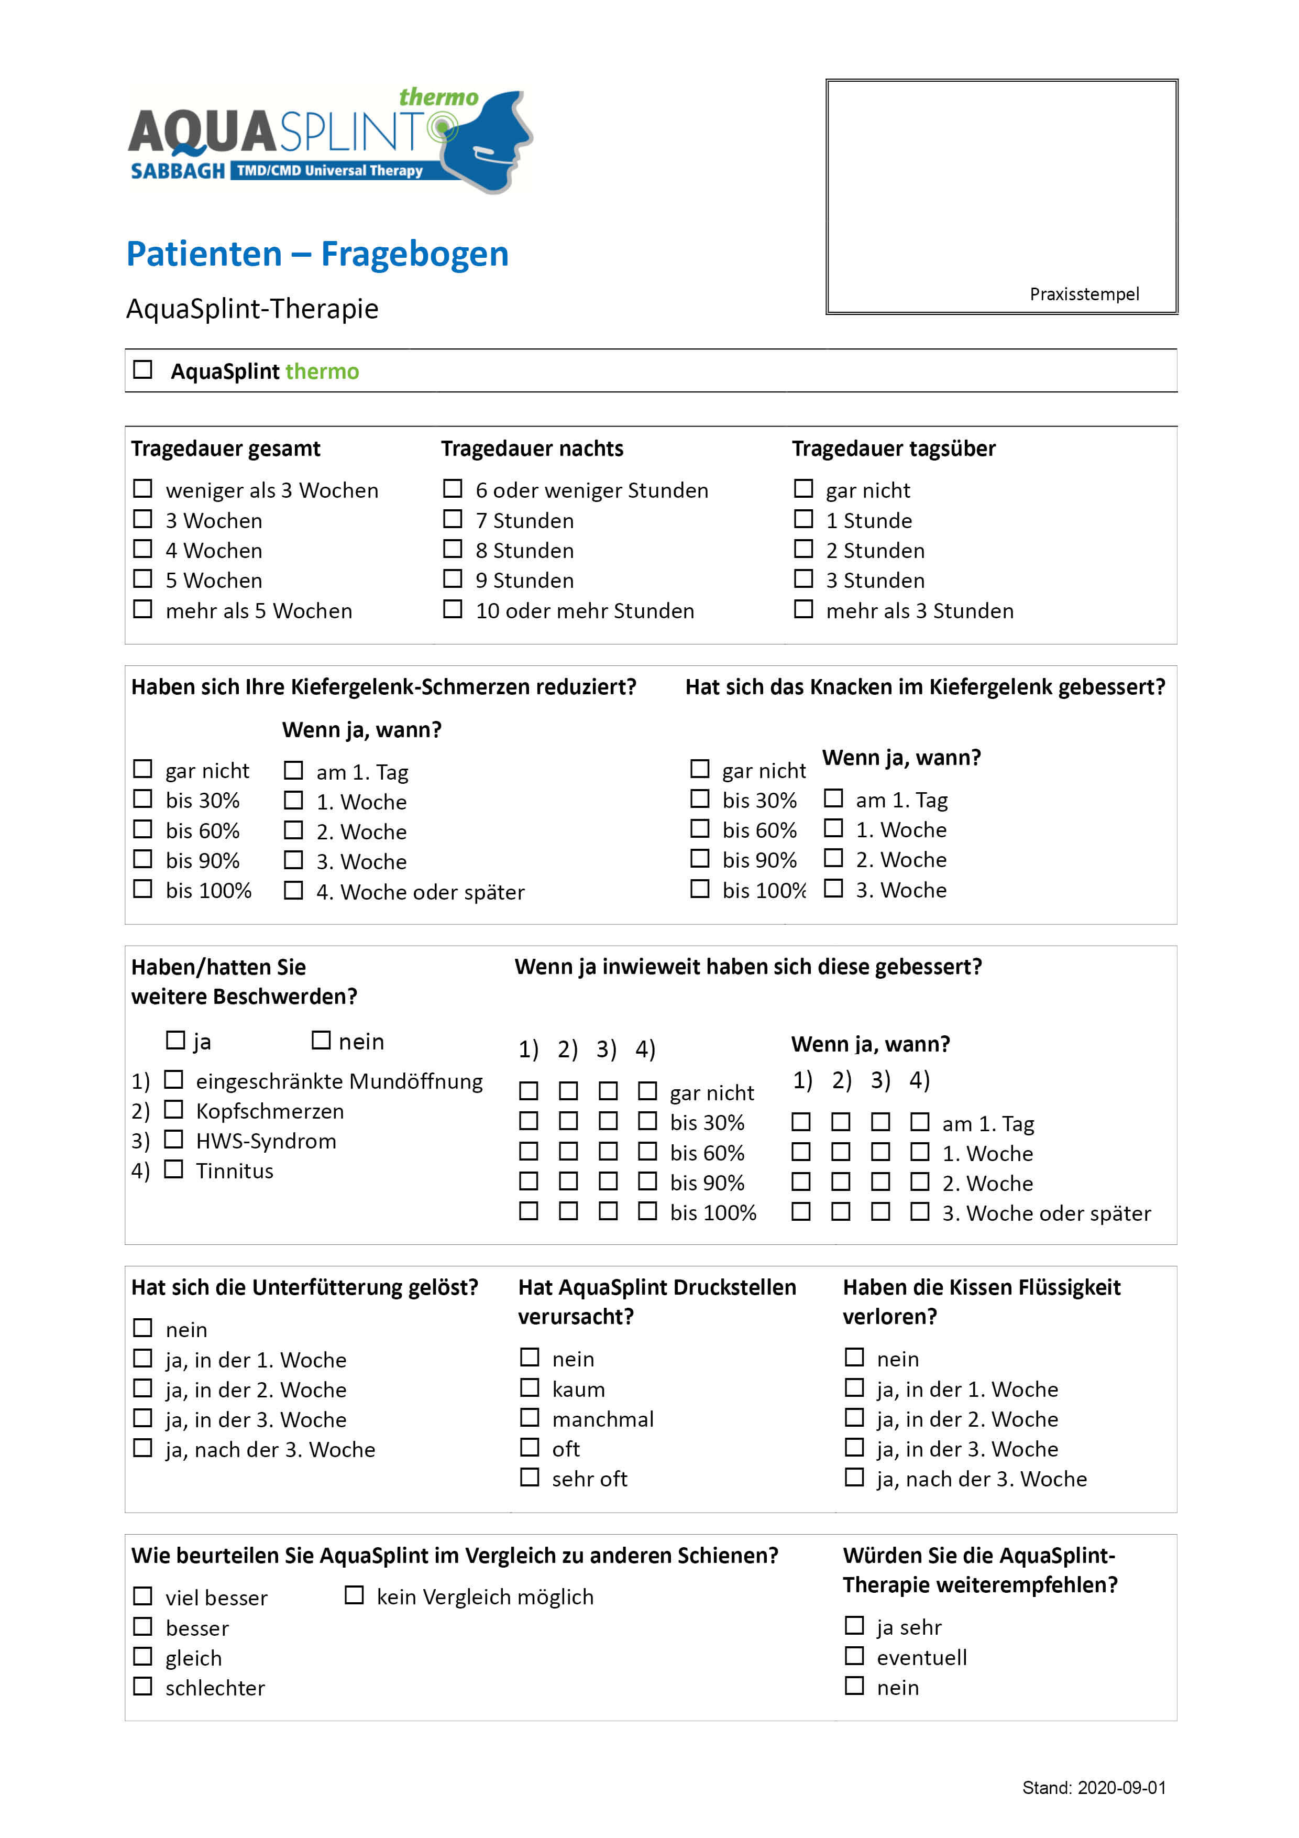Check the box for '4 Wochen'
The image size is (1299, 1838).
(x=142, y=549)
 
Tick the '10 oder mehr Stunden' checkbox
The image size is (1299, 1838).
(x=453, y=609)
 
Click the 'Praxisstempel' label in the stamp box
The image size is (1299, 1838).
(x=1084, y=294)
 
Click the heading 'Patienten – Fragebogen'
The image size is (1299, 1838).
(x=317, y=254)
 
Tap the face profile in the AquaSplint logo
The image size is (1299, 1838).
(x=488, y=140)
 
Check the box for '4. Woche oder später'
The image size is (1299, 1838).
(x=294, y=890)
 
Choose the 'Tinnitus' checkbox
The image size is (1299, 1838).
(x=173, y=1169)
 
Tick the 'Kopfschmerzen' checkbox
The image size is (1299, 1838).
(x=173, y=1110)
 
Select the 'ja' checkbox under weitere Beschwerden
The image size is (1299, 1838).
(x=174, y=1040)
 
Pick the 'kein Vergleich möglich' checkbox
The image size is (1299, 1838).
(x=354, y=1595)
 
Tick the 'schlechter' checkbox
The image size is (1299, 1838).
(x=142, y=1686)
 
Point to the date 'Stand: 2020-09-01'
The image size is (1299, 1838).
(x=1093, y=1788)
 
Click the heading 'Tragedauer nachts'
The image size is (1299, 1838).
(x=532, y=448)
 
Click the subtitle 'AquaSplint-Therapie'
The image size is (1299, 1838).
(x=252, y=308)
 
